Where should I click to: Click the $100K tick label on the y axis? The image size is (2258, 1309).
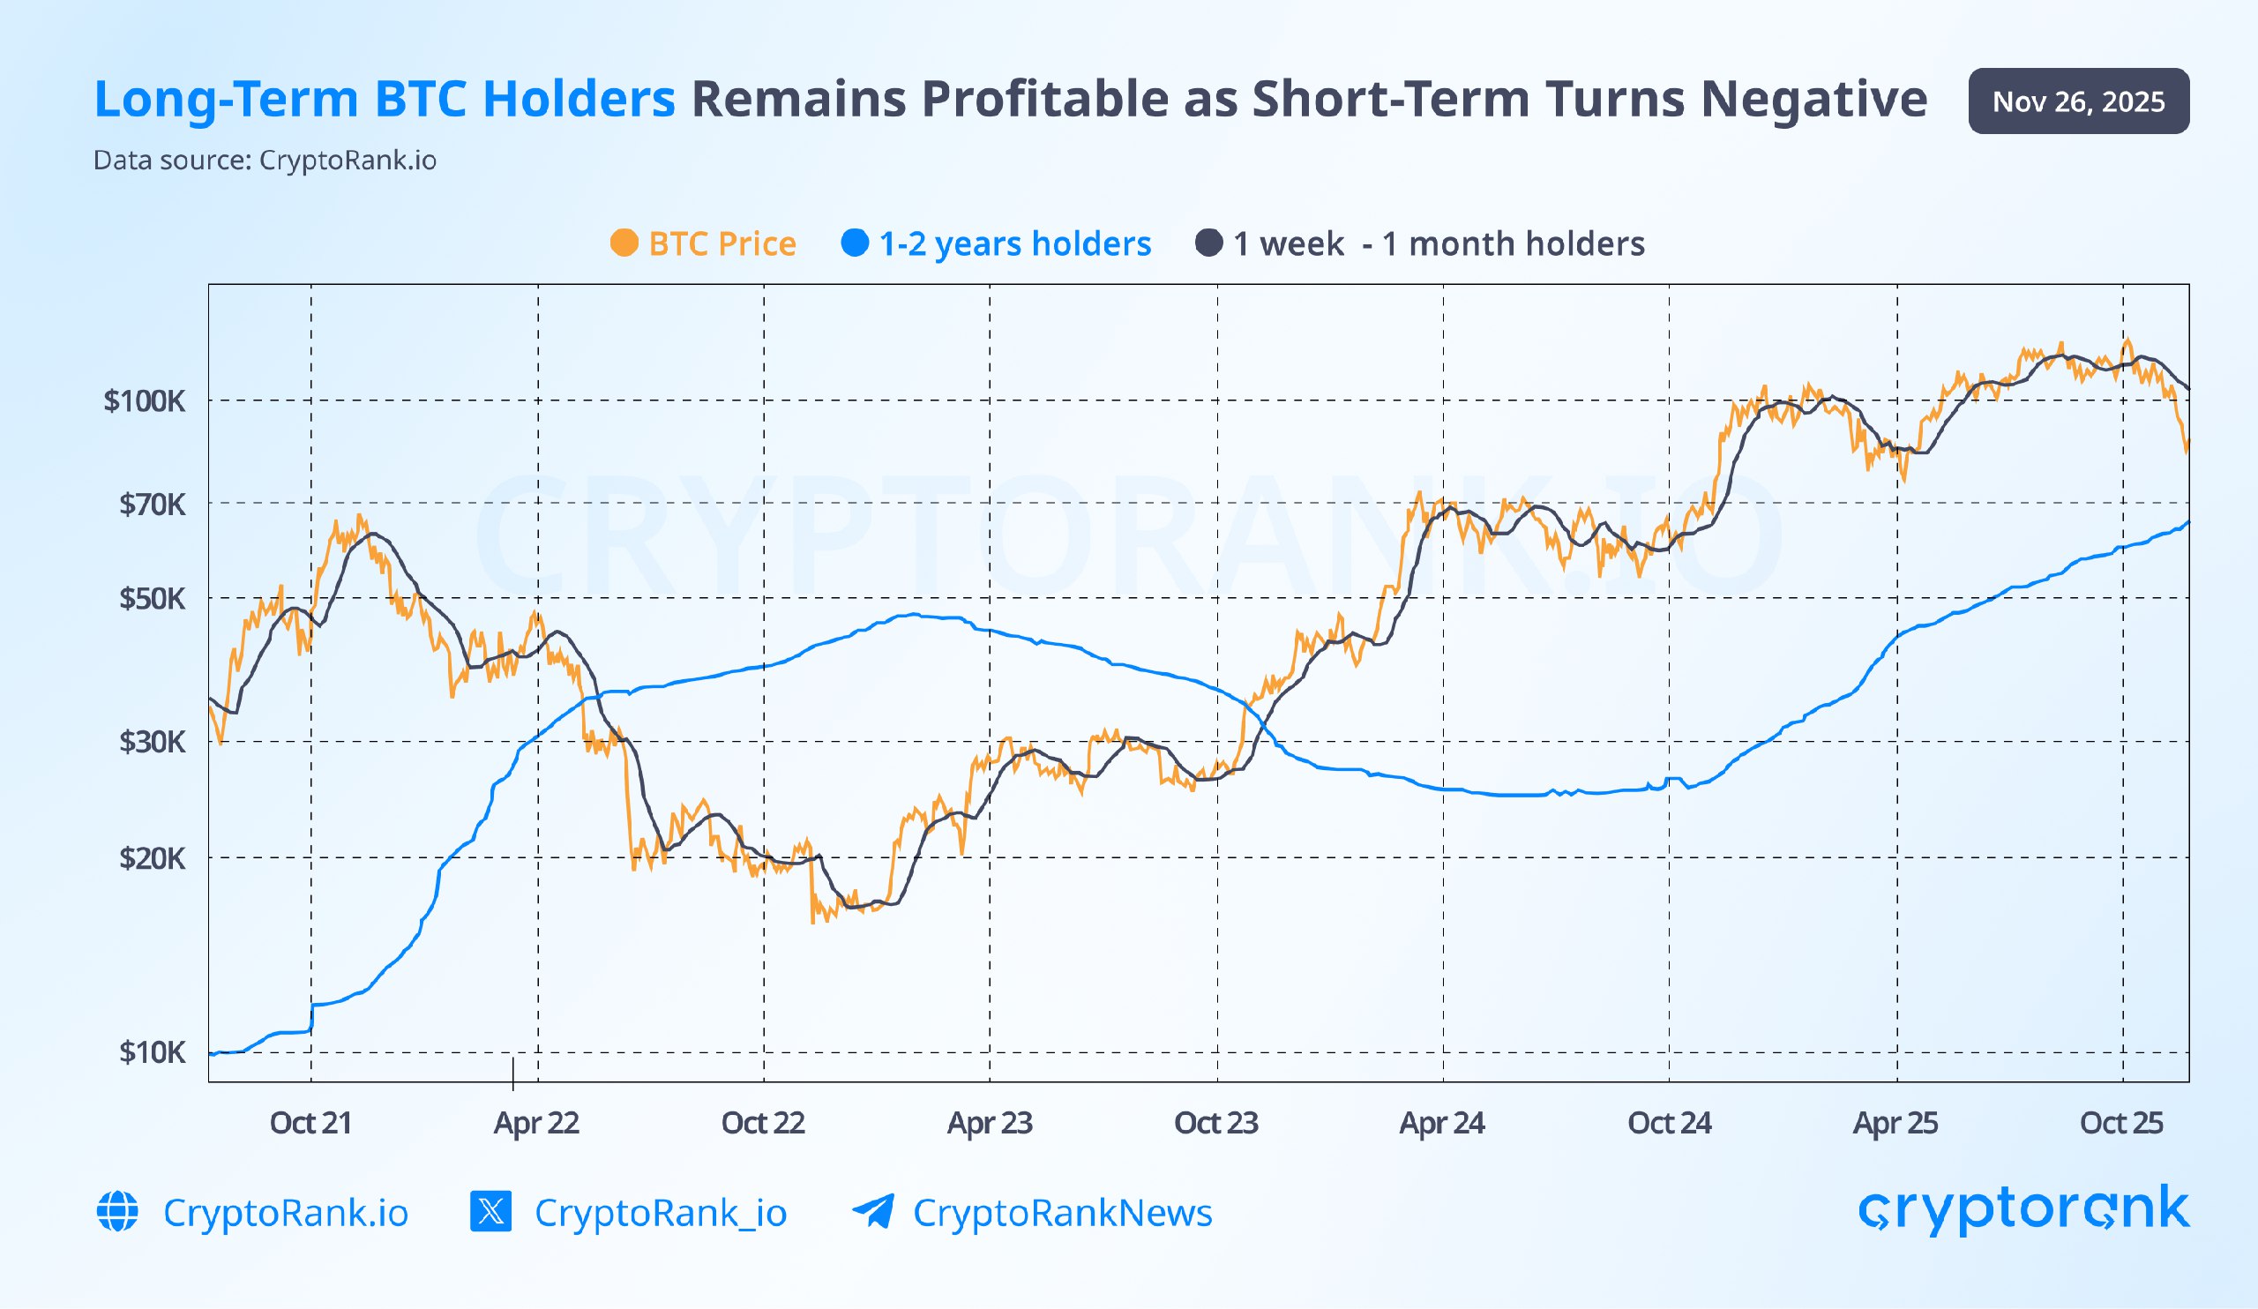[145, 400]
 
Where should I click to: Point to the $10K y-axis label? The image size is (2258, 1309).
[152, 1051]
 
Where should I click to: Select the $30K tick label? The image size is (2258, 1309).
[152, 742]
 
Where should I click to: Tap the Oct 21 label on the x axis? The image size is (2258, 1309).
[311, 1123]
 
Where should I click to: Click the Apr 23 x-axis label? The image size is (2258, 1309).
[990, 1123]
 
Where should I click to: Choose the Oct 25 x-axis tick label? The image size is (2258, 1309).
[2121, 1123]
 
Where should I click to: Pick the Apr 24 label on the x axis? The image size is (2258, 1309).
[1442, 1123]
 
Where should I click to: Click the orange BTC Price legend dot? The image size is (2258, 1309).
[624, 243]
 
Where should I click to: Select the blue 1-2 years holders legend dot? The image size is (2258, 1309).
[855, 243]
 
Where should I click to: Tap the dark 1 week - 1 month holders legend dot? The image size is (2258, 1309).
[1208, 243]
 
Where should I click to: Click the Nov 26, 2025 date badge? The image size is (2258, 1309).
[2078, 101]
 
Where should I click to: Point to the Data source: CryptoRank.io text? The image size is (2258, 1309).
[265, 161]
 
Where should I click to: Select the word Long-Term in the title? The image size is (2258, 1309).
[226, 99]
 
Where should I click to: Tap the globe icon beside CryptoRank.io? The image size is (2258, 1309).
[117, 1211]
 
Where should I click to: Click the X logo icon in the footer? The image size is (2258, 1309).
[490, 1211]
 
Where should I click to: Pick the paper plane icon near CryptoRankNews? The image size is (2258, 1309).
[872, 1211]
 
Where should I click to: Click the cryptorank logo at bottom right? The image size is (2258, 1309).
[2023, 1208]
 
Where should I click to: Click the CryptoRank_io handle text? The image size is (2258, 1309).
[661, 1212]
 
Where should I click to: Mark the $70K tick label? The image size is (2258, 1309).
[152, 505]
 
